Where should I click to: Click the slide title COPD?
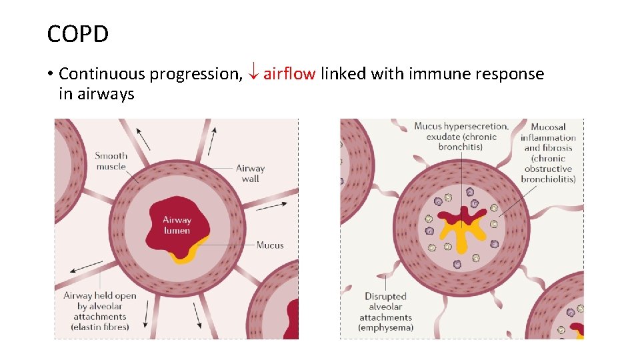click(x=77, y=33)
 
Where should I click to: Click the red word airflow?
click(x=289, y=74)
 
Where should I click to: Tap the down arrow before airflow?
click(x=253, y=74)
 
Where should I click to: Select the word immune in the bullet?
click(x=436, y=74)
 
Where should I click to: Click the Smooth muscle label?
click(x=111, y=161)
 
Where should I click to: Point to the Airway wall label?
click(x=250, y=173)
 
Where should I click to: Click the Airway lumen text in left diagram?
click(x=177, y=225)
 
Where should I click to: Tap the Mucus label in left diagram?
click(x=270, y=245)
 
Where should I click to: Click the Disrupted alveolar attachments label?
click(x=385, y=312)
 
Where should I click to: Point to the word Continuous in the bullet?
click(x=102, y=74)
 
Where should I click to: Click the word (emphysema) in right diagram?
click(x=385, y=328)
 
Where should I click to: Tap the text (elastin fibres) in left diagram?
click(x=100, y=327)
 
